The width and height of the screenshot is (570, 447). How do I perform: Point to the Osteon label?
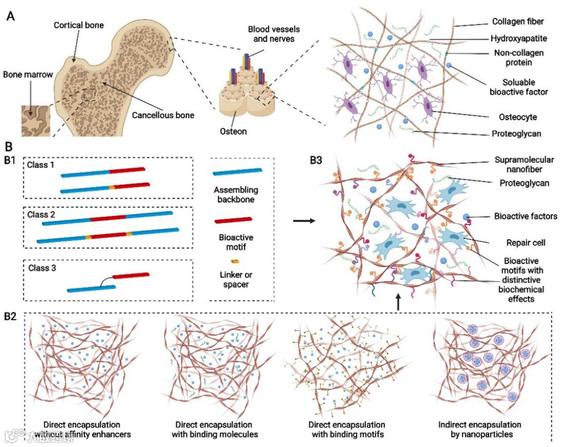[x=233, y=131]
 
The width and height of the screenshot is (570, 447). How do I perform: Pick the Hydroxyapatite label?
[x=518, y=38]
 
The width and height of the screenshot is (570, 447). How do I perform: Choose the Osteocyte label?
[x=519, y=116]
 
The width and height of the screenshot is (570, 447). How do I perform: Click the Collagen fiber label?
[x=518, y=22]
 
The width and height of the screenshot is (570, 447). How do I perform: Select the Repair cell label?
[x=518, y=244]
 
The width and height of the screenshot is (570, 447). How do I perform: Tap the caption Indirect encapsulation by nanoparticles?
[x=479, y=429]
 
